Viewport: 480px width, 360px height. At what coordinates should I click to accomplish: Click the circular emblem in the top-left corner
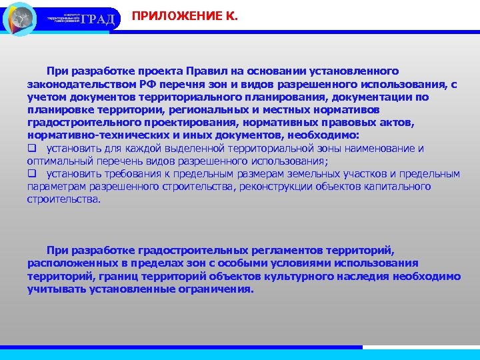coord(19,19)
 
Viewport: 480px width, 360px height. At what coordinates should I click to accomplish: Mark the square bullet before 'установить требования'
coord(31,174)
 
